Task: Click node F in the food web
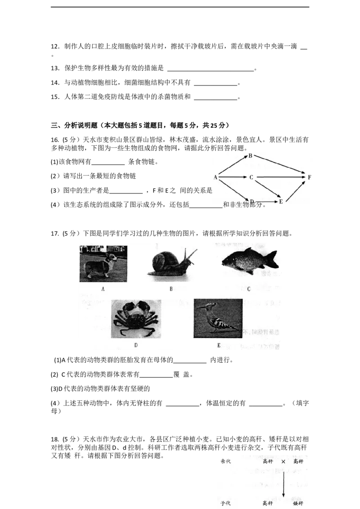click(x=309, y=178)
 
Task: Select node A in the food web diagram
click(x=216, y=178)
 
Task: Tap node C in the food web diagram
click(x=252, y=178)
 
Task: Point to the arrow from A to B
click(x=233, y=166)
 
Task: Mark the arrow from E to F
click(x=295, y=189)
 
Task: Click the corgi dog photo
click(x=103, y=263)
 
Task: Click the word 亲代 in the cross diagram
click(x=226, y=461)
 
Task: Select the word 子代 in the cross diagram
click(x=226, y=503)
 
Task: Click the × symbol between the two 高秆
click(x=283, y=461)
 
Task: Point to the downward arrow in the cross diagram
click(x=283, y=483)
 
